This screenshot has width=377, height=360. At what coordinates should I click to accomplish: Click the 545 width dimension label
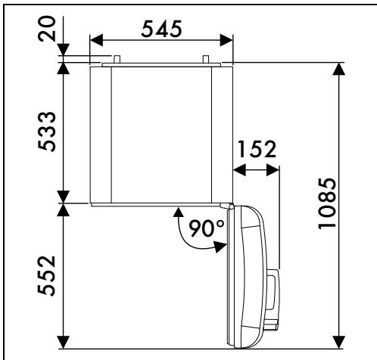coord(161,29)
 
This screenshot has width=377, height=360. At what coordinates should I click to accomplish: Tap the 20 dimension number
coord(47,29)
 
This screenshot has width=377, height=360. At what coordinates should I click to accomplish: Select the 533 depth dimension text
coord(47,132)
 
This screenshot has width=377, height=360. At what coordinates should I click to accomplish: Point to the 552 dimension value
coord(47,276)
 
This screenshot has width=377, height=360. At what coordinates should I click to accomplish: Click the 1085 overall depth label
coord(327,203)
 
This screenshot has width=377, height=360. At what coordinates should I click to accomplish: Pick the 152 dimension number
coord(257,149)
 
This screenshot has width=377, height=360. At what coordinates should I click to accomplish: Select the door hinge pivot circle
coord(231,206)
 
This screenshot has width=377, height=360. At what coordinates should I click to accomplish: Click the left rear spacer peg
coord(117,59)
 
